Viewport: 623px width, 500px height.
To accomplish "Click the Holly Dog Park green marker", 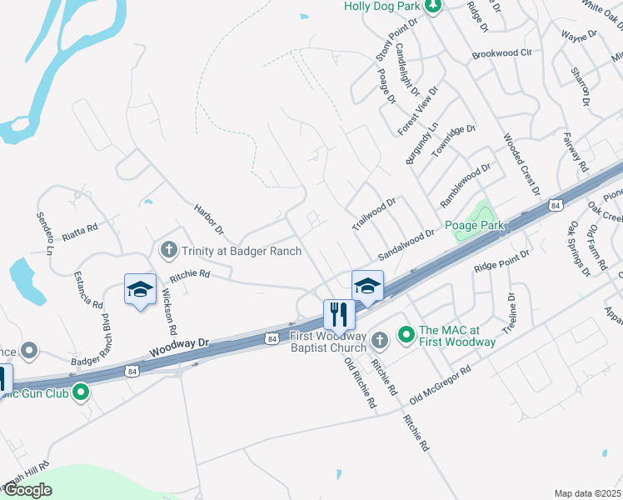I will [x=432, y=7].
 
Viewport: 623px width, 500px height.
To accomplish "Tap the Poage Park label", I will [x=476, y=226].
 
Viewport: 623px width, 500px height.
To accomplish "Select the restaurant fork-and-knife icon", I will [x=339, y=314].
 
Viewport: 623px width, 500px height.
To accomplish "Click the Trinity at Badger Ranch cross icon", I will [x=168, y=249].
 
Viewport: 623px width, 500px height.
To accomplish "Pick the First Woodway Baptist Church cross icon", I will [x=379, y=339].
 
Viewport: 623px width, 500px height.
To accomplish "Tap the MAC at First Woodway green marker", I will [x=406, y=335].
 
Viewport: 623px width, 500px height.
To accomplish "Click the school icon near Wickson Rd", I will [x=140, y=289].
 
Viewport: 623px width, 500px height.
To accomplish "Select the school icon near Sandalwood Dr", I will [x=366, y=285].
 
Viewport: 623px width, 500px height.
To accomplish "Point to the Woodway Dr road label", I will [x=180, y=346].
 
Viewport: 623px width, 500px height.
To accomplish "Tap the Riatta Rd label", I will [x=80, y=226].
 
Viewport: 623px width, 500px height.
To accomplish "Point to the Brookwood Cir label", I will [x=501, y=53].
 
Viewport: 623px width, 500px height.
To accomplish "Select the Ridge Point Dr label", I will [x=501, y=261].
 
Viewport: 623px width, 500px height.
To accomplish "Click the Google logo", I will [x=27, y=490].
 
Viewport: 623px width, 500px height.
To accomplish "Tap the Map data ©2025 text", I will [x=586, y=493].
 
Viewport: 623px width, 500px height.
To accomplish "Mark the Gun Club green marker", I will [x=81, y=392].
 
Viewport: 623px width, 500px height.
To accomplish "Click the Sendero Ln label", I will [x=44, y=232].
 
